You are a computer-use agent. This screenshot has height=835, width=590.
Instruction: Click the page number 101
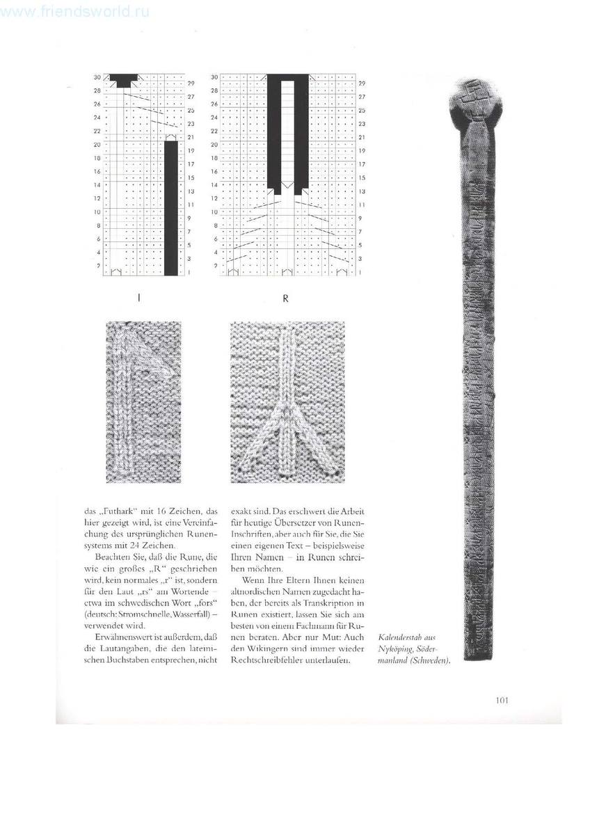(503, 700)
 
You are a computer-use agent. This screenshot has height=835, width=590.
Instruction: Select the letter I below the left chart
(139, 299)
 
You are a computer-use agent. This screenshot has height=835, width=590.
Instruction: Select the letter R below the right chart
(285, 299)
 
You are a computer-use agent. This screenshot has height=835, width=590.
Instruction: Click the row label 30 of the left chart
(98, 77)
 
